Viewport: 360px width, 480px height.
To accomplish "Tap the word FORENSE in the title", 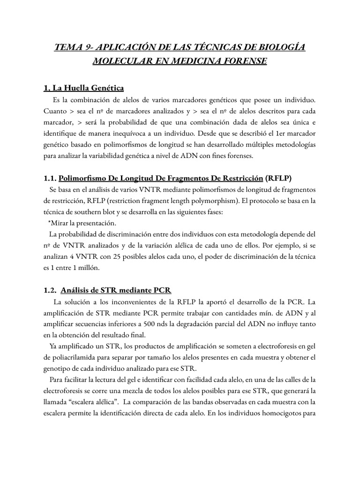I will pyautogui.click(x=244, y=61).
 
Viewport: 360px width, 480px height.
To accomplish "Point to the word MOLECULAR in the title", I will pyautogui.click(x=119, y=61).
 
